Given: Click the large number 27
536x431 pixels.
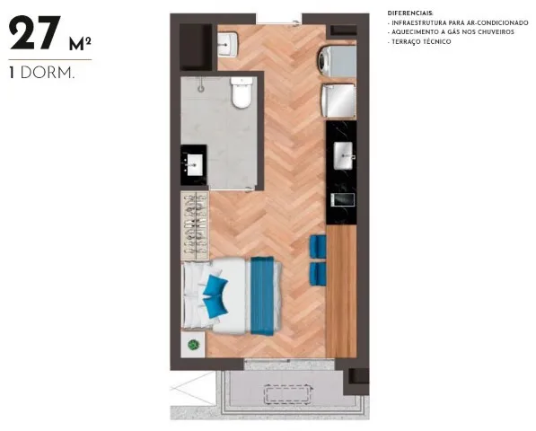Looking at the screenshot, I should pos(35,35).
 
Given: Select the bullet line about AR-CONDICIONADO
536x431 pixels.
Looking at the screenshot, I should pos(452,22).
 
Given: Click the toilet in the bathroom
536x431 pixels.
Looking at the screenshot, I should pos(240,93).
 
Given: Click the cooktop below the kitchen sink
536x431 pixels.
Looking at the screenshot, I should pos(342,198).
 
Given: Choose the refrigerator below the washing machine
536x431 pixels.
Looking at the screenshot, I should pos(339,101).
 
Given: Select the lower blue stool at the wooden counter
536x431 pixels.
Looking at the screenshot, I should pos(316,273).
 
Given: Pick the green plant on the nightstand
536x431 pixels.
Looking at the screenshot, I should pos(192,345).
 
